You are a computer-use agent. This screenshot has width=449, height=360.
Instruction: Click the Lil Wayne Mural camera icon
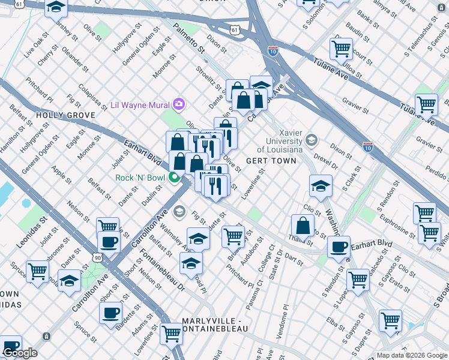(178, 104)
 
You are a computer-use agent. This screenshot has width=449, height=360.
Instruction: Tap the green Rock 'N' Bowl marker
(174, 178)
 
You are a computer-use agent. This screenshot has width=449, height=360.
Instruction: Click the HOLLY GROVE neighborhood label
(65, 115)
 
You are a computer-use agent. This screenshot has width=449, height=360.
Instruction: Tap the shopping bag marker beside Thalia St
(303, 227)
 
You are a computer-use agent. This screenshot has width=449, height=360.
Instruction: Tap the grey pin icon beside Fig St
(179, 212)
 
